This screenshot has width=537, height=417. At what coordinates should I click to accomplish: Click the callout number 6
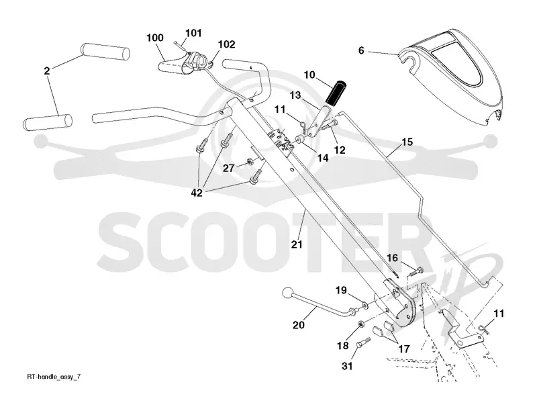pyautogui.click(x=361, y=51)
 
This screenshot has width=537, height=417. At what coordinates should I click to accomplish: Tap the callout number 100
pyautogui.click(x=155, y=38)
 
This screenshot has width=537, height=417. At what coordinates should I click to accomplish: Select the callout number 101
pyautogui.click(x=193, y=33)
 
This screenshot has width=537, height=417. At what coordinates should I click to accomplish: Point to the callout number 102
pyautogui.click(x=227, y=44)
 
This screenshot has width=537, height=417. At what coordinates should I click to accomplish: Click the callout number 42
pyautogui.click(x=197, y=193)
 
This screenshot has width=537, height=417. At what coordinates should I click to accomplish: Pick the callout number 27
pyautogui.click(x=228, y=169)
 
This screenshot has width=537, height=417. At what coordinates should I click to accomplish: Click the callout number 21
pyautogui.click(x=297, y=244)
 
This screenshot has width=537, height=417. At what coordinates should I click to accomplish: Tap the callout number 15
pyautogui.click(x=407, y=142)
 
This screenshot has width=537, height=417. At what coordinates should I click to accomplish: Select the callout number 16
pyautogui.click(x=393, y=258)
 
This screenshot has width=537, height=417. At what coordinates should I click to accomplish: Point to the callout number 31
pyautogui.click(x=347, y=366)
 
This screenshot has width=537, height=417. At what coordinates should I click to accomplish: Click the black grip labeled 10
pyautogui.click(x=336, y=93)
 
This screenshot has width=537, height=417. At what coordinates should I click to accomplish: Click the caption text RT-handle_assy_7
pyautogui.click(x=54, y=377)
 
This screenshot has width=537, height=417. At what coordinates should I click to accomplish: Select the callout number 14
pyautogui.click(x=323, y=158)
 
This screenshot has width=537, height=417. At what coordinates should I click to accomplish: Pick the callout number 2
pyautogui.click(x=47, y=71)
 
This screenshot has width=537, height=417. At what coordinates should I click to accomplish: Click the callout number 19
pyautogui.click(x=341, y=291)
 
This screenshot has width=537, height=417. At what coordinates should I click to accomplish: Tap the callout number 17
pyautogui.click(x=404, y=349)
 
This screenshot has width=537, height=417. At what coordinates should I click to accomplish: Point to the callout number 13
pyautogui.click(x=295, y=95)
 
